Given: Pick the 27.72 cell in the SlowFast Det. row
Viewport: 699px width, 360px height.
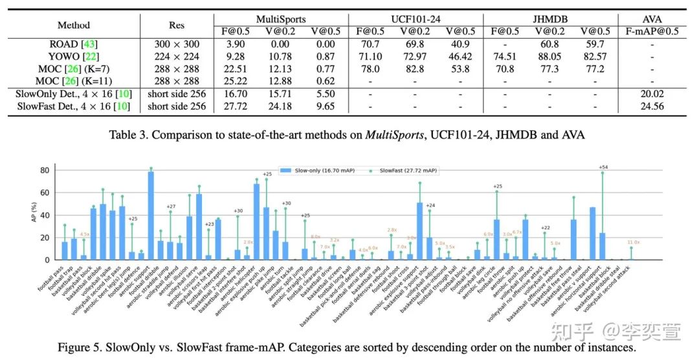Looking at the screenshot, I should point(234,106).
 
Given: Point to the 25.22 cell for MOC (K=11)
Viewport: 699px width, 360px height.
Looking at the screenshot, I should point(234,82).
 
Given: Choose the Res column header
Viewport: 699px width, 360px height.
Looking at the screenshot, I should point(176,25).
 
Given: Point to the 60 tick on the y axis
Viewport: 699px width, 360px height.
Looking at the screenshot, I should point(45,193).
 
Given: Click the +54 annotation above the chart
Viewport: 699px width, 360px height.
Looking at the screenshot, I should point(603,167).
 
